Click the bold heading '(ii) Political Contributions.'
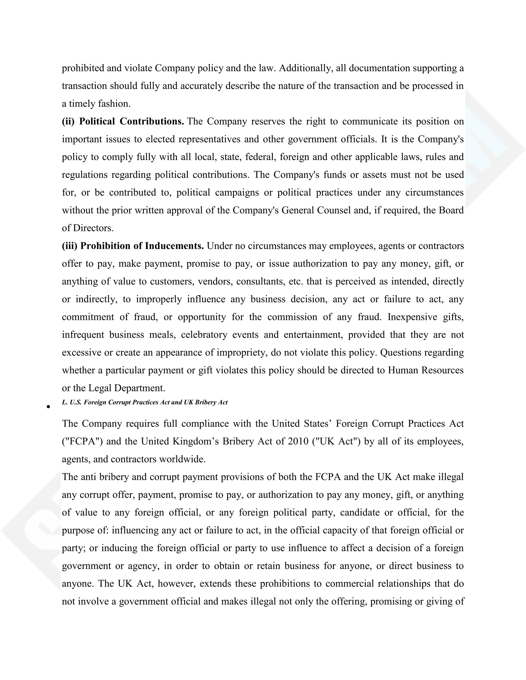pos(123,121)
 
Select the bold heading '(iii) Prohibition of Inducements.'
pos(133,246)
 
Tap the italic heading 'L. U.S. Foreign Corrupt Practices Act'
pos(145,402)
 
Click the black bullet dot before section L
pos(48,407)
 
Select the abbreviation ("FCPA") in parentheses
pos(82,442)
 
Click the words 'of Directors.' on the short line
pos(88,228)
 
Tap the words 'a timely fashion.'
pos(96,104)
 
